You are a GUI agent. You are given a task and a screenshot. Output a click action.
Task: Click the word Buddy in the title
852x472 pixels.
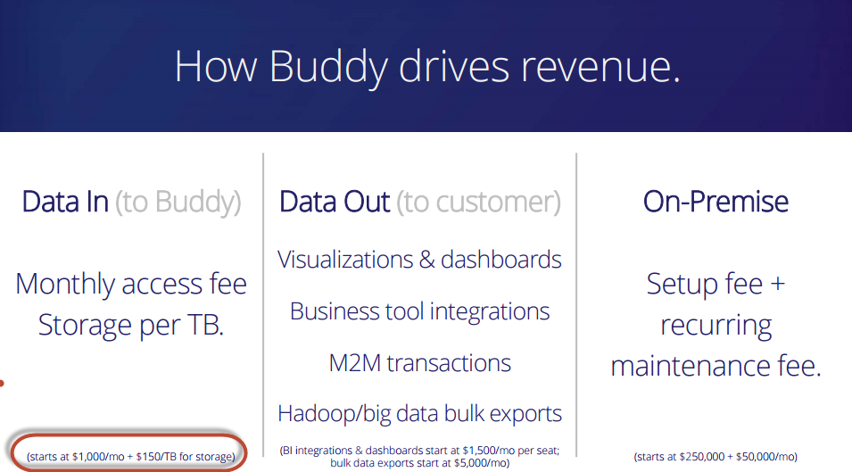[328, 67]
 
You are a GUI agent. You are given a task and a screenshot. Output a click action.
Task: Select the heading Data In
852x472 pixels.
[65, 202]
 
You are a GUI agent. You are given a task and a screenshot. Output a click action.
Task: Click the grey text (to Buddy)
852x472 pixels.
[178, 203]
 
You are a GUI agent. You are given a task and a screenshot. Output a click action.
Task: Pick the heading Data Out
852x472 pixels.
[335, 202]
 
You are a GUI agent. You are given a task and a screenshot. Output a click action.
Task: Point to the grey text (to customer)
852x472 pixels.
[478, 203]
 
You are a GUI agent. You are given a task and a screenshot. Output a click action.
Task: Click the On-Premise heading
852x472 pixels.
[716, 202]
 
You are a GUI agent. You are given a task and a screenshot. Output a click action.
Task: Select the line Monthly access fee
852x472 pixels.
[131, 285]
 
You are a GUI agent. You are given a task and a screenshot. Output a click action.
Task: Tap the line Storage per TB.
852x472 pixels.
[131, 326]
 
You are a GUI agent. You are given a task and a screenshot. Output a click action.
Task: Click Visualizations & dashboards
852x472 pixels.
[419, 260]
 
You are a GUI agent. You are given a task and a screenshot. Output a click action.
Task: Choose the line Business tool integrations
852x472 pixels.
[419, 311]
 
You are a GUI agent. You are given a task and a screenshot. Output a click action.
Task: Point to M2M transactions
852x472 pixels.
[419, 363]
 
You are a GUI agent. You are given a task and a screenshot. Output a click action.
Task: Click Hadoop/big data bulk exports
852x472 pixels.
[419, 414]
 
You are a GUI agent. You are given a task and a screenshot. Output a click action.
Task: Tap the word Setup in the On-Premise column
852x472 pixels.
[677, 285]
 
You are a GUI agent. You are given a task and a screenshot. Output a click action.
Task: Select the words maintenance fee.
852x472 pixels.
[716, 366]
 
